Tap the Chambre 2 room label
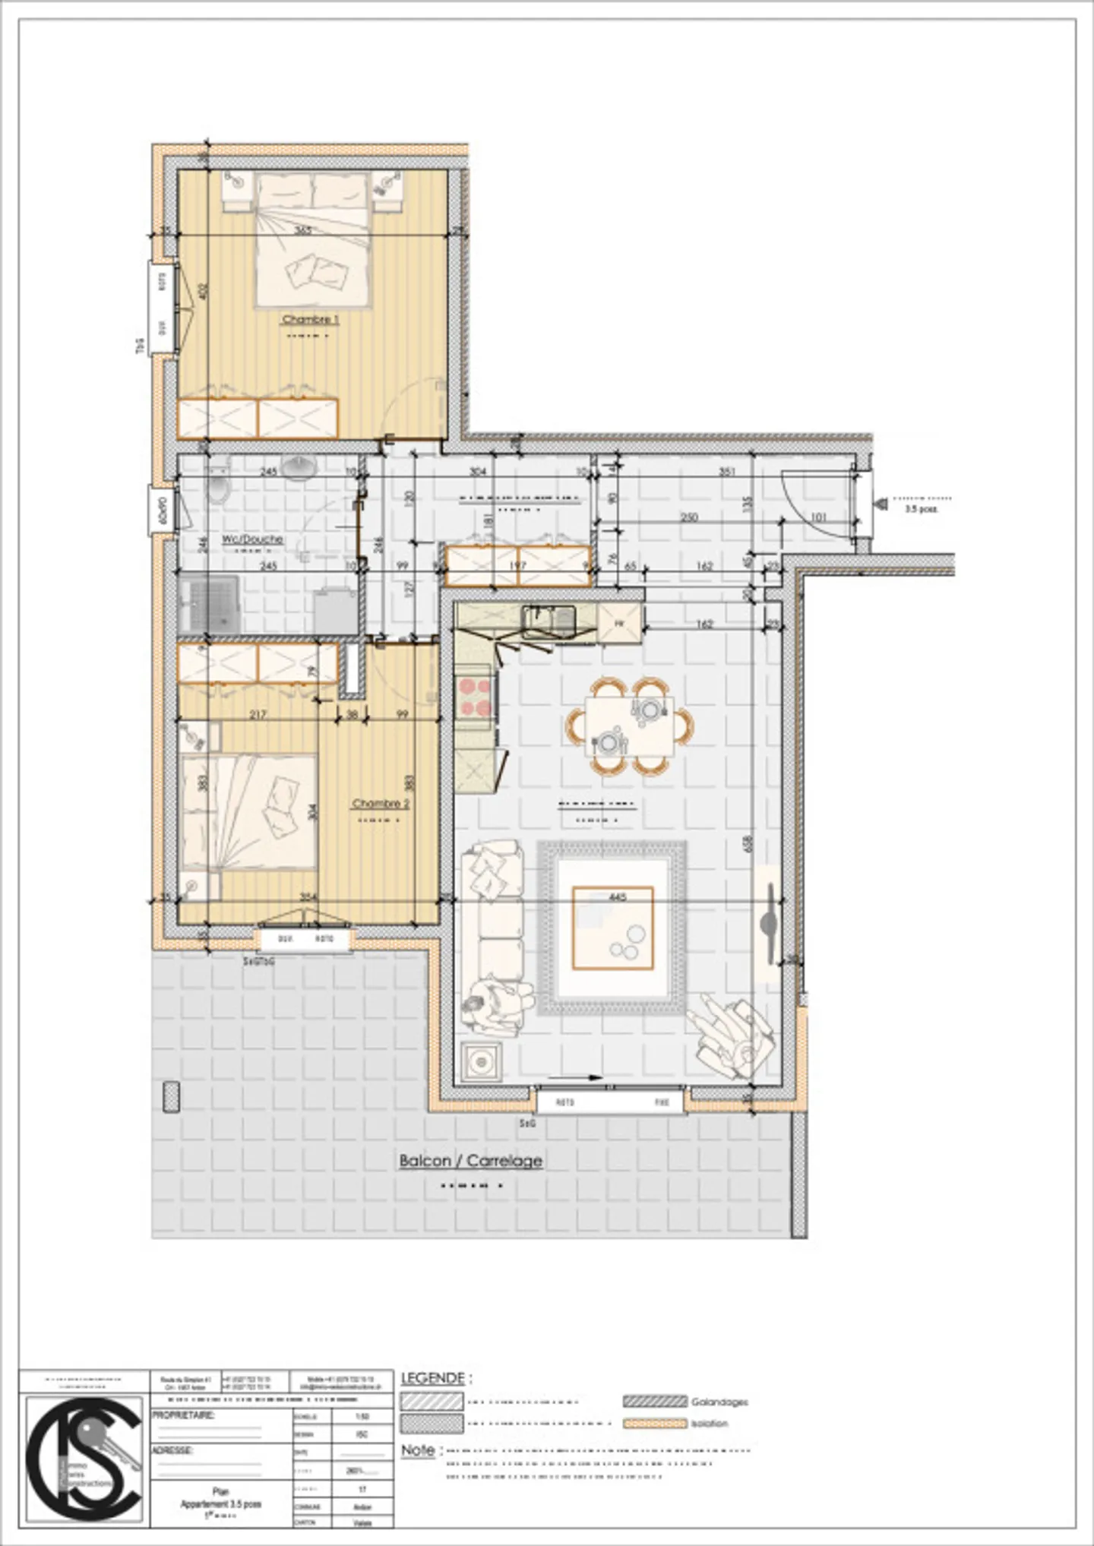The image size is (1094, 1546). point(381,803)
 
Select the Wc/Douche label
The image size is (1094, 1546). point(252,539)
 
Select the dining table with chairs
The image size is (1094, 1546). point(630,726)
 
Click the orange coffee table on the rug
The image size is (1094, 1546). point(612,928)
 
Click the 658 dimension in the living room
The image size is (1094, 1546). point(748,843)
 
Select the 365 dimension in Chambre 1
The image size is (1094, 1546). point(302,230)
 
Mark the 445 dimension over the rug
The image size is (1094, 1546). point(618,897)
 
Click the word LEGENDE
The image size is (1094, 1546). point(432,1377)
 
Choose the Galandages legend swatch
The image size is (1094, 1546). point(655,1401)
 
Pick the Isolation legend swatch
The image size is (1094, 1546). point(655,1423)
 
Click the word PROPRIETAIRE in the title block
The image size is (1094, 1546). point(183,1415)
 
